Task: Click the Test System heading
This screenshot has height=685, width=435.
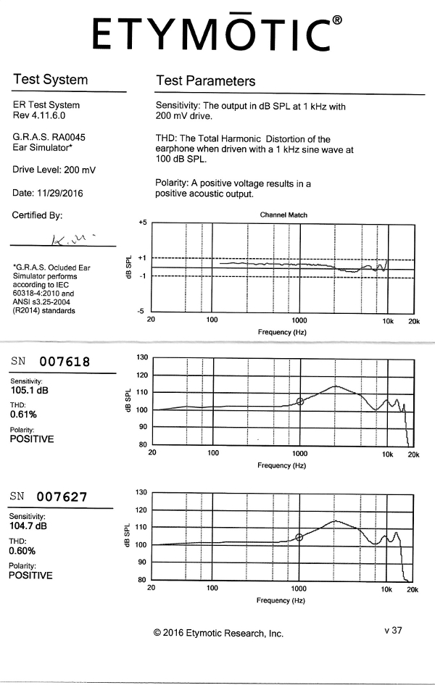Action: point(50,80)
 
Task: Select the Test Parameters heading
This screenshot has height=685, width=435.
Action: point(205,80)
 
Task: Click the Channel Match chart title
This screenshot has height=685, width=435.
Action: point(283,215)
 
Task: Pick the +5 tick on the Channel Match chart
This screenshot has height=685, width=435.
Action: point(142,223)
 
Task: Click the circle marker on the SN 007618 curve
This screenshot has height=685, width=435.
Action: point(300,401)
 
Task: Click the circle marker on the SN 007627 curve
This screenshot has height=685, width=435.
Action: point(299,537)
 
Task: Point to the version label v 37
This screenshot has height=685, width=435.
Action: point(392,631)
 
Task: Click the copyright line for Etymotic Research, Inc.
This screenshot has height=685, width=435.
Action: point(218,634)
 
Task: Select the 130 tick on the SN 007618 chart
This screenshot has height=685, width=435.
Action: point(141,357)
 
